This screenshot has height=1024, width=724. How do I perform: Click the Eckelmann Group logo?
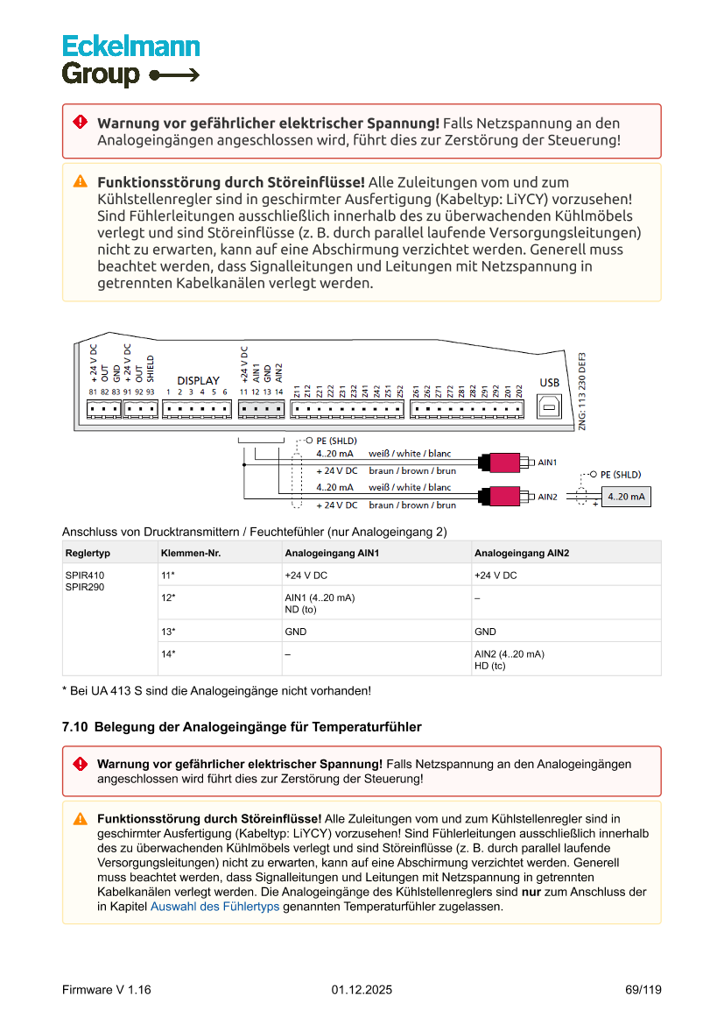tap(130, 60)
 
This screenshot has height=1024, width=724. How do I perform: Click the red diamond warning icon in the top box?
tap(80, 122)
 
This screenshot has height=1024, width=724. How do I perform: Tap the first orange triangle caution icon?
tap(80, 181)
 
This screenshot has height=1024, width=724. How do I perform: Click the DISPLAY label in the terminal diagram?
tap(199, 380)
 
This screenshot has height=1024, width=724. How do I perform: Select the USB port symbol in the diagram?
tap(549, 406)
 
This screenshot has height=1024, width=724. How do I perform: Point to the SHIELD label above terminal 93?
tap(151, 369)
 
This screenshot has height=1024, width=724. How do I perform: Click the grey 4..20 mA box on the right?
tap(626, 497)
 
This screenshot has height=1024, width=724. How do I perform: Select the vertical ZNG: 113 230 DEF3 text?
tap(582, 389)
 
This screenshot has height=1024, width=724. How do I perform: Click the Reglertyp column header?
tap(88, 553)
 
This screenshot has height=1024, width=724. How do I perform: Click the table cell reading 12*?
tap(168, 597)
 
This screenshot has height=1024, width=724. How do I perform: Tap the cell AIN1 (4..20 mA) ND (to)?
tap(320, 603)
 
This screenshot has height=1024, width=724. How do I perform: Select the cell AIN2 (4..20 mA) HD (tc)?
tap(510, 660)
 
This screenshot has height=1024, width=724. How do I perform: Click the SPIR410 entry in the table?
tap(84, 576)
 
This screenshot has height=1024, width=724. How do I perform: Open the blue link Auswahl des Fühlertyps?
tap(214, 907)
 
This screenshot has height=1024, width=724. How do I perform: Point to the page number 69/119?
tap(643, 990)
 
